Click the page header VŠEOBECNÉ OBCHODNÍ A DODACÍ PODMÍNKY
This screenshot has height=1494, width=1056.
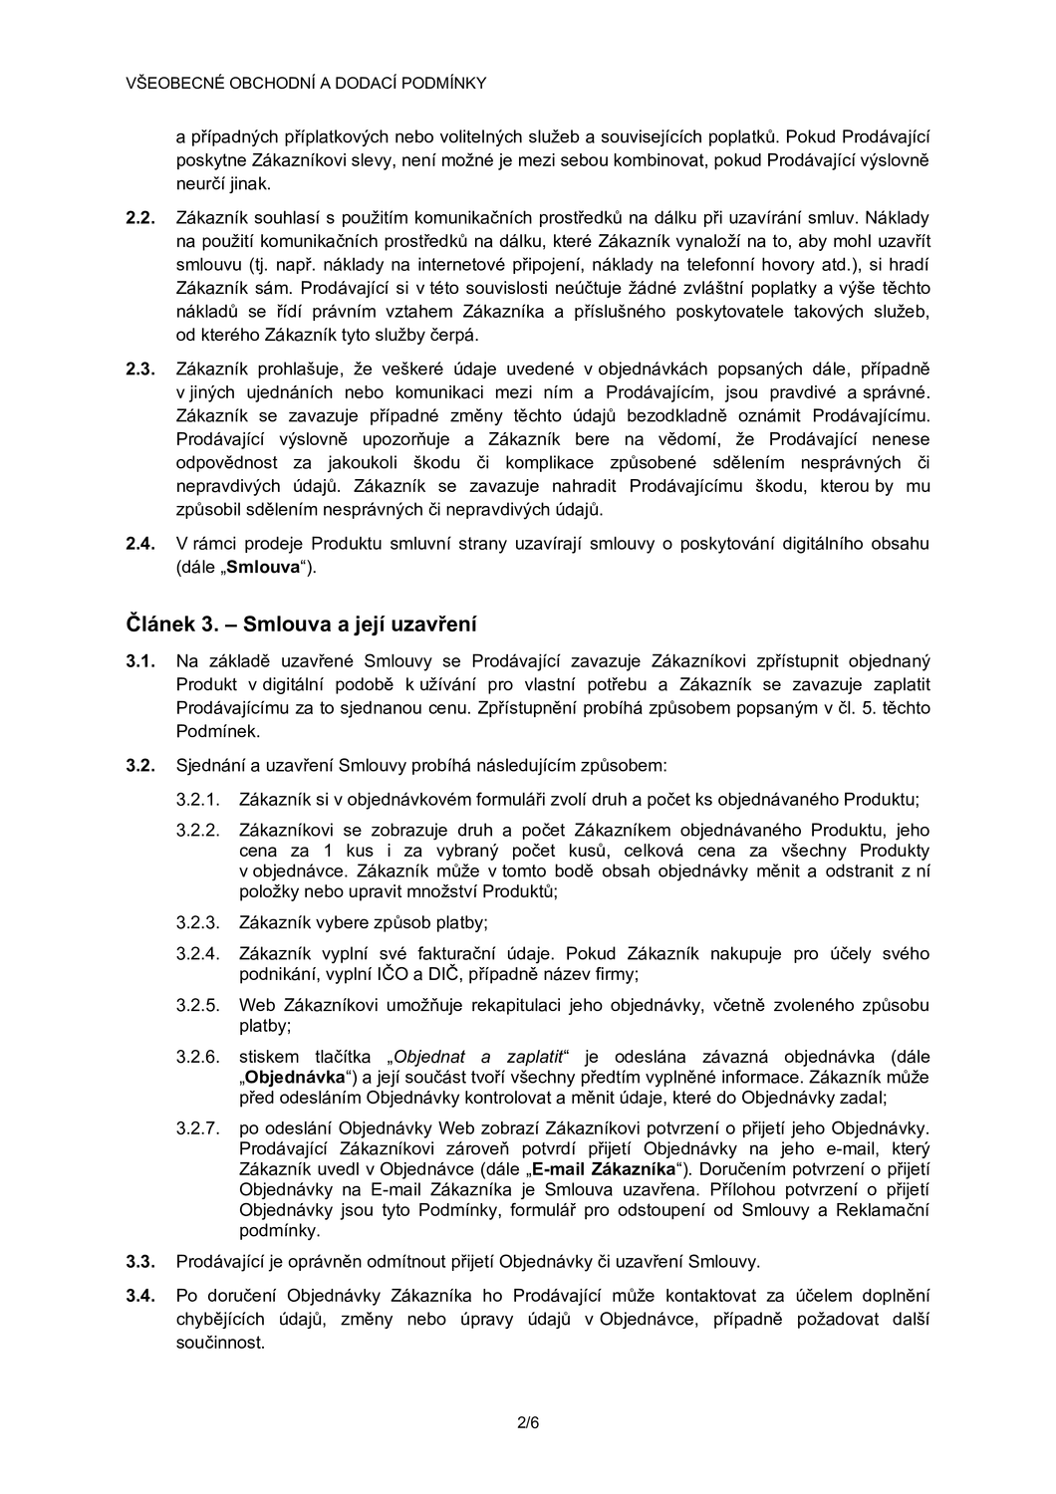(x=306, y=83)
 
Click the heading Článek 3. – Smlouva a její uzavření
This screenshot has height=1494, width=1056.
(x=301, y=624)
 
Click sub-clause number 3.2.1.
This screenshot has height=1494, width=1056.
(x=197, y=799)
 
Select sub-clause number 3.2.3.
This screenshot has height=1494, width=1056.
(x=197, y=922)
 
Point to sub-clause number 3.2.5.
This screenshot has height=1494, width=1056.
(x=197, y=1005)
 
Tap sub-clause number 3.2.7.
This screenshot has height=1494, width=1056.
(x=197, y=1128)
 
